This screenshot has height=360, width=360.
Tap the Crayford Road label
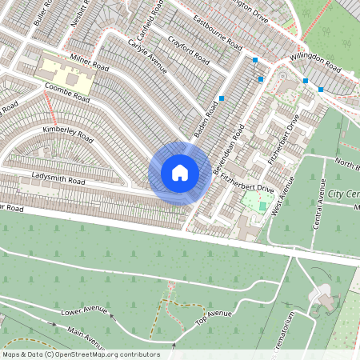tap(190, 50)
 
